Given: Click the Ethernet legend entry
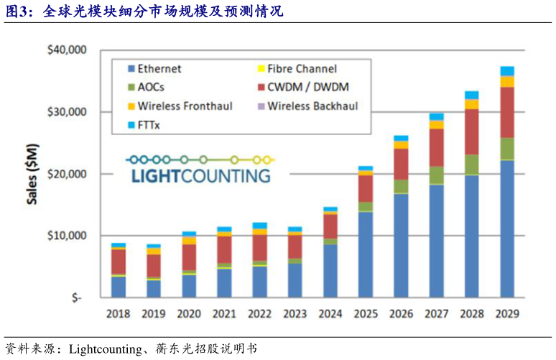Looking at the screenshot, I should (x=159, y=69).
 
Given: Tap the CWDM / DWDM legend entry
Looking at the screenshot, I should (x=308, y=87).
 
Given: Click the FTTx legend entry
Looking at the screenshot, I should (x=149, y=124).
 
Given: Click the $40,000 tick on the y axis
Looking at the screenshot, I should (x=66, y=50).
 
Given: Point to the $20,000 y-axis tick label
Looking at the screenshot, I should (x=66, y=174).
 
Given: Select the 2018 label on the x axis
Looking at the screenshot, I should (x=119, y=314).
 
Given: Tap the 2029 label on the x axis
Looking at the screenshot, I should (x=507, y=314).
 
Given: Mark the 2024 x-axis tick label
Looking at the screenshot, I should (x=330, y=314).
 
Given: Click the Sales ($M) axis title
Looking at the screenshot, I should (x=33, y=174).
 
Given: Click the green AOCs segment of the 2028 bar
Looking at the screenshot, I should (x=472, y=165).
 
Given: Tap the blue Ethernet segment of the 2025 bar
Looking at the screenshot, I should (x=366, y=254).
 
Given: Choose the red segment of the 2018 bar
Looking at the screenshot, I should (x=119, y=262).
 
